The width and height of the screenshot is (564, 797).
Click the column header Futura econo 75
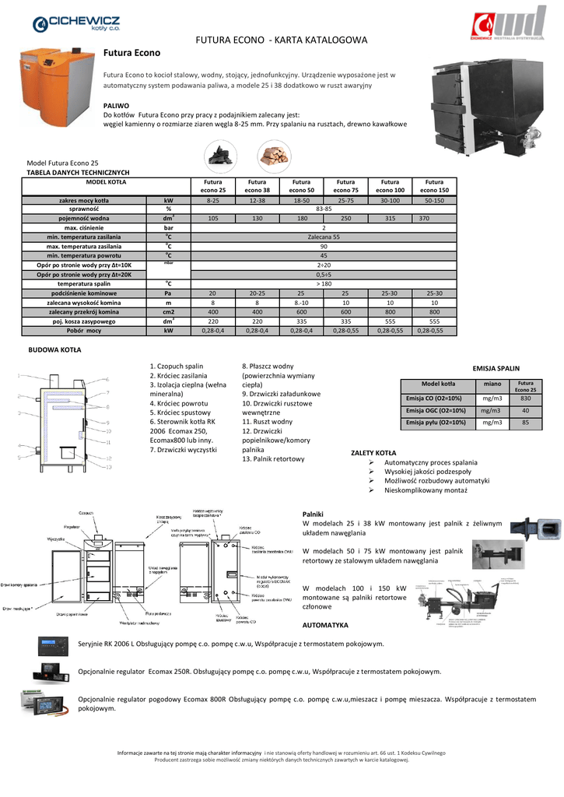pyautogui.click(x=345, y=185)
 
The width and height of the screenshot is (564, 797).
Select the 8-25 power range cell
pyautogui.click(x=212, y=200)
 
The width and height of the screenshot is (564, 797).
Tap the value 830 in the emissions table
pyautogui.click(x=525, y=398)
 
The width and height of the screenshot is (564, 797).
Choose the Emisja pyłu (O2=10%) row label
pyautogui.click(x=436, y=423)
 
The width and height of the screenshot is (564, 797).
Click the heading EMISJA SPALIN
pyautogui.click(x=496, y=367)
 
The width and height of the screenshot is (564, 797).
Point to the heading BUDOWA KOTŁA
pyautogui.click(x=55, y=349)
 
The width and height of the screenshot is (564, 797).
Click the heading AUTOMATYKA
pyautogui.click(x=325, y=625)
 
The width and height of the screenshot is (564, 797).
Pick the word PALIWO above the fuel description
pyautogui.click(x=116, y=104)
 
